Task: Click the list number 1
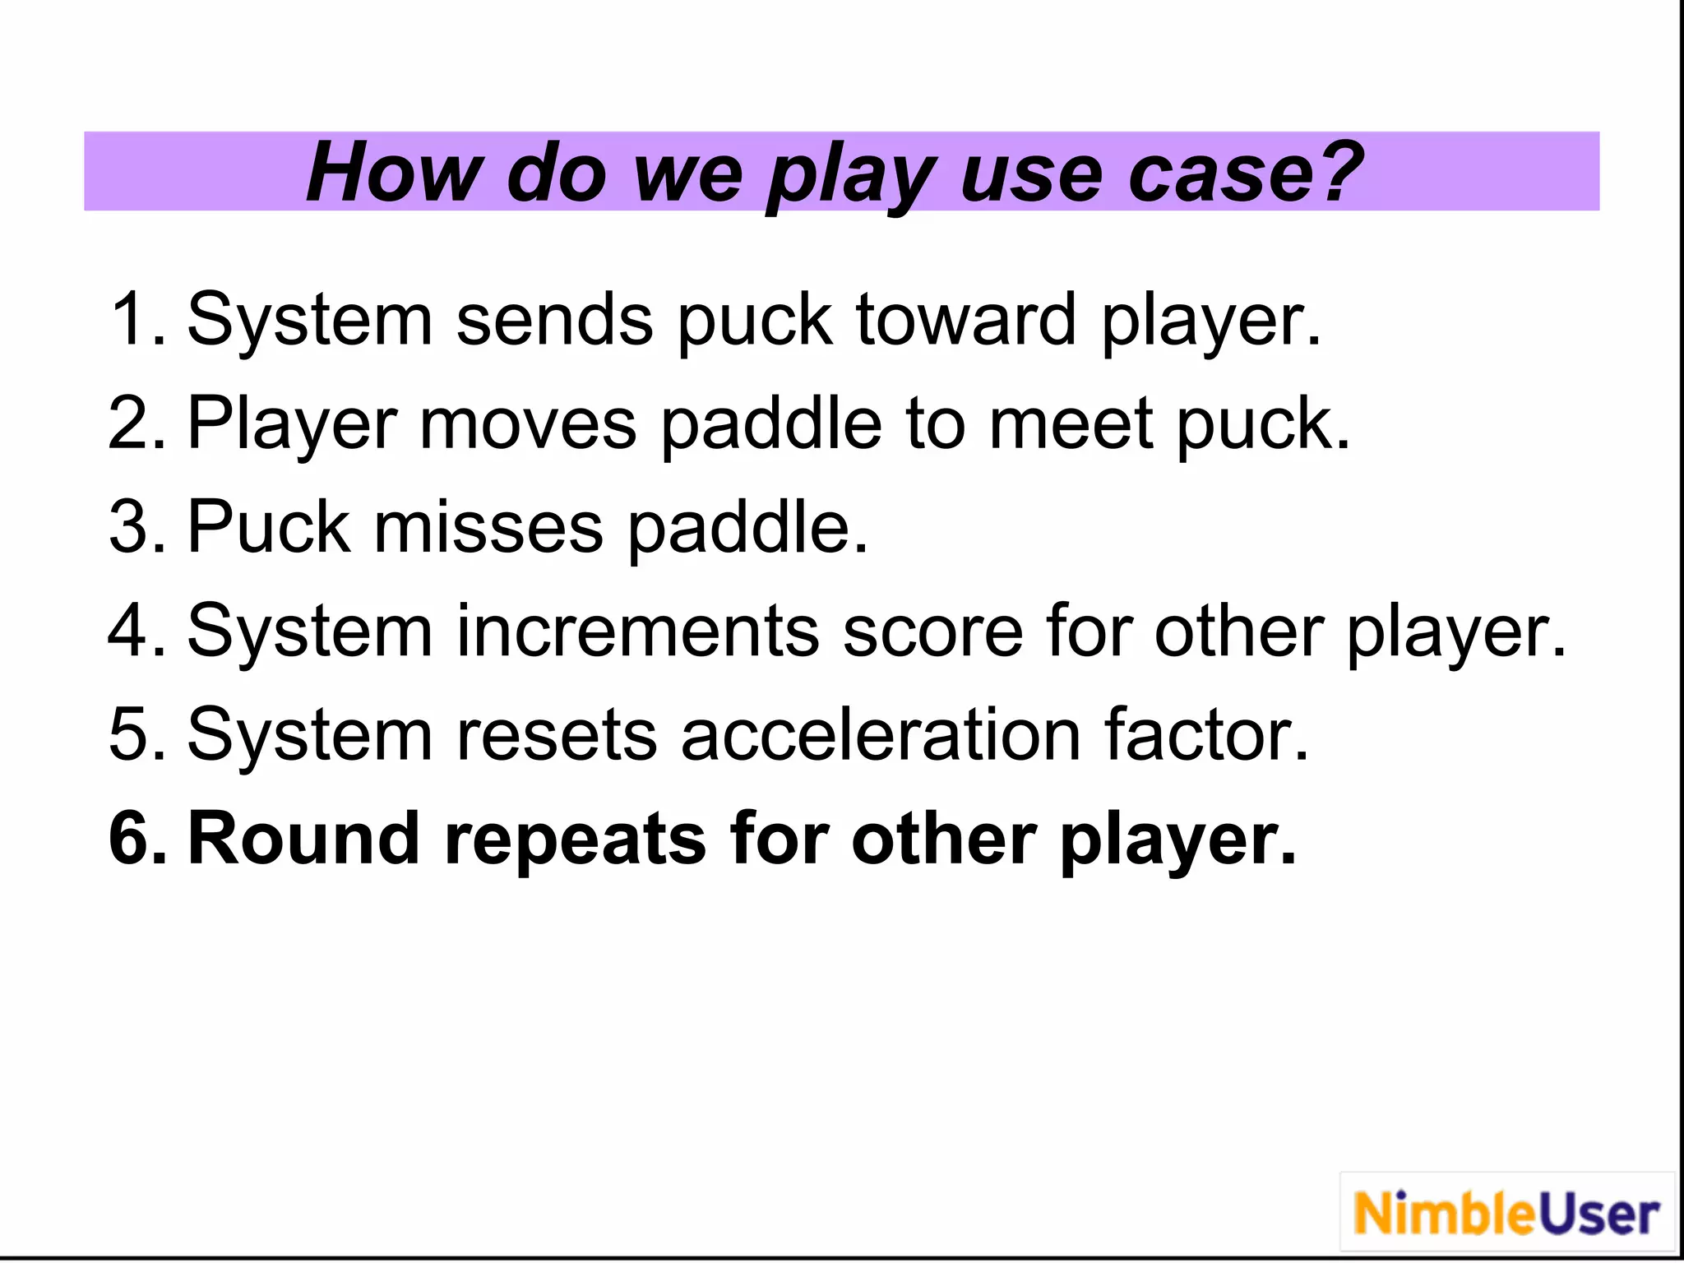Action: (130, 319)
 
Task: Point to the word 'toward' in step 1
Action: (965, 319)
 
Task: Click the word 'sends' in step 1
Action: (555, 319)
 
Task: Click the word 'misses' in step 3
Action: (488, 526)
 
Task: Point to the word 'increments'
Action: (638, 631)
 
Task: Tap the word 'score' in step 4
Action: (932, 631)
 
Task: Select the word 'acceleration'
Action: (880, 734)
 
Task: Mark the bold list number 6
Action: (132, 839)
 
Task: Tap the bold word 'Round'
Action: (303, 839)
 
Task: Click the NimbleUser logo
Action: (1506, 1214)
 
